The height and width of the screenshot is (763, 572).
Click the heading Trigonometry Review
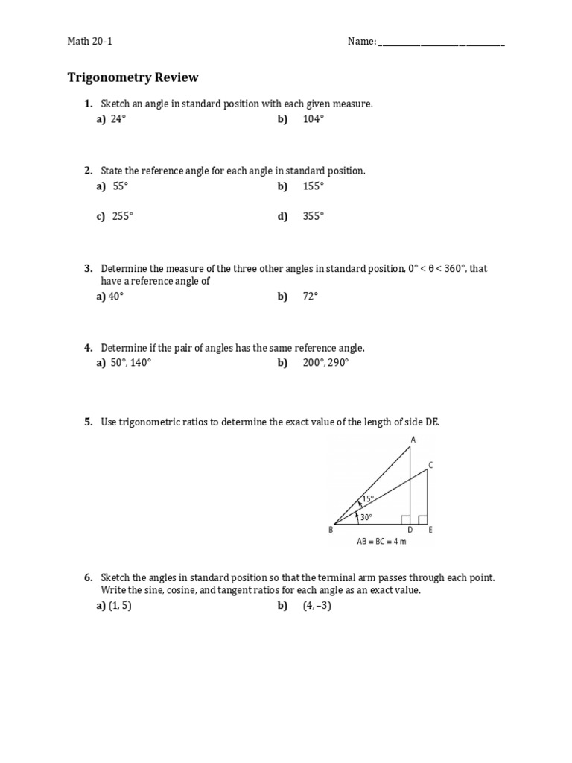pyautogui.click(x=133, y=77)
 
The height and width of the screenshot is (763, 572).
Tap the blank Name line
pyautogui.click(x=442, y=43)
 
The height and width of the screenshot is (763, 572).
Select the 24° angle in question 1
pyautogui.click(x=118, y=119)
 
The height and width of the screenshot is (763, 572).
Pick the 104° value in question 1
pyautogui.click(x=314, y=119)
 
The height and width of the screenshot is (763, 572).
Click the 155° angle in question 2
pyautogui.click(x=314, y=186)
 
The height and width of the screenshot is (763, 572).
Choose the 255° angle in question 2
pyautogui.click(x=123, y=216)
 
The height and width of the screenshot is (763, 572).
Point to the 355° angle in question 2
pyautogui.click(x=314, y=216)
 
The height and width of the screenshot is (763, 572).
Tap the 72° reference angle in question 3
pyautogui.click(x=311, y=296)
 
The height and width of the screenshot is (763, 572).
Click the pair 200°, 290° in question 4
pyautogui.click(x=325, y=363)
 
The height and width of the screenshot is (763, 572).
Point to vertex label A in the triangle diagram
pyautogui.click(x=413, y=440)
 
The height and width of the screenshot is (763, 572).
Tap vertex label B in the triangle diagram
pyautogui.click(x=331, y=531)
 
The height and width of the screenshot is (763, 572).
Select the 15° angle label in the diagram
pyautogui.click(x=369, y=498)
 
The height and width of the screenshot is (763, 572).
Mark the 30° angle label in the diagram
pyautogui.click(x=366, y=516)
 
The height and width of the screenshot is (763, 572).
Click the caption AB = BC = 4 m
pyautogui.click(x=381, y=542)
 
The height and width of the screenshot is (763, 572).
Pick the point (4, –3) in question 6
pyautogui.click(x=317, y=606)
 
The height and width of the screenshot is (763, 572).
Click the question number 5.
pyautogui.click(x=88, y=422)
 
